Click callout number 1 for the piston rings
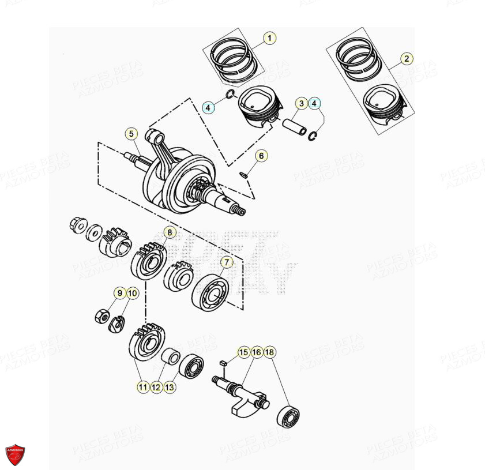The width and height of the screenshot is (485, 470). [269, 38]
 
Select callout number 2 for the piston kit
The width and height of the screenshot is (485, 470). [407, 58]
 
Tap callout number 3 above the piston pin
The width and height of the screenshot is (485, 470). [301, 104]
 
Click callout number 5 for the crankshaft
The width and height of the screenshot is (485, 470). [131, 134]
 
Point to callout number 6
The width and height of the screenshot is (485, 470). [261, 156]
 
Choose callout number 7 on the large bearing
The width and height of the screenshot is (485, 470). [227, 262]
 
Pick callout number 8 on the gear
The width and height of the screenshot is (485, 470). [169, 232]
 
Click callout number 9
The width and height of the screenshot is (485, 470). [119, 294]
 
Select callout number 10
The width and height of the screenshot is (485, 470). [133, 294]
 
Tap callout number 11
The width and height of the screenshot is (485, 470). [142, 388]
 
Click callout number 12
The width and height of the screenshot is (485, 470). [156, 388]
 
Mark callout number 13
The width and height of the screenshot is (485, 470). [169, 388]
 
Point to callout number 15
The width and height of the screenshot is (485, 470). [243, 352]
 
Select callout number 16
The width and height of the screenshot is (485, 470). [257, 352]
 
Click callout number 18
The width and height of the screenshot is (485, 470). [270, 352]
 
